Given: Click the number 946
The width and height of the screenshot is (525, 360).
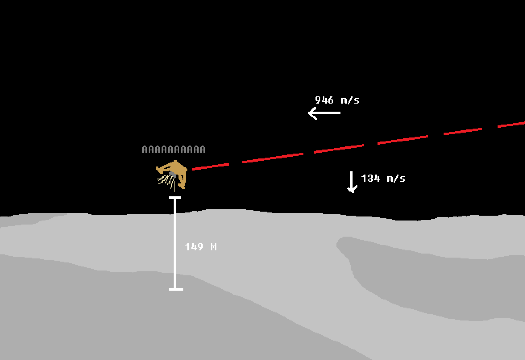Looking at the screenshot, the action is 324,100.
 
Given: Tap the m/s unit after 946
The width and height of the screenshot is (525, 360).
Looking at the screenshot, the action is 350,100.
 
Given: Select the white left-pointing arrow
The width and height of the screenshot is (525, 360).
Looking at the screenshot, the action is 324,113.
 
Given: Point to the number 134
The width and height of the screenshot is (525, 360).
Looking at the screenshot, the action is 370,178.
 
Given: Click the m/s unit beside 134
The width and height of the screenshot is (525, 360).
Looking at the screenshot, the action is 396,178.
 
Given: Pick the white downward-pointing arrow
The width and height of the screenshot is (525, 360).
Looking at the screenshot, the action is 352,182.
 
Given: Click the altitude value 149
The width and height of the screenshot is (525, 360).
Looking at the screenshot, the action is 194,247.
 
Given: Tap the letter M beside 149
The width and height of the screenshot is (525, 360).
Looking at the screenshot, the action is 214,247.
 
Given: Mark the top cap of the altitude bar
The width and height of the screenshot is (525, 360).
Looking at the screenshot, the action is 175,198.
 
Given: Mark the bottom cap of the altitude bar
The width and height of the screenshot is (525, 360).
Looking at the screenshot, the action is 176,289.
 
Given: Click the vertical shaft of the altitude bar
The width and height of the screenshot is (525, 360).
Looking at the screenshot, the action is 175,242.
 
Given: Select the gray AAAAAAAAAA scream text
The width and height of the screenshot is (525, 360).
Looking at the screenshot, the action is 174,150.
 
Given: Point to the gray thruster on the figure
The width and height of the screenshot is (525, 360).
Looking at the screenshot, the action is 173,174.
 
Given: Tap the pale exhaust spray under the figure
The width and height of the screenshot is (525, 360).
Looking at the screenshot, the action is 166,180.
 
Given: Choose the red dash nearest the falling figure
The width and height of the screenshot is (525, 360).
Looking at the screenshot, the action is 211,166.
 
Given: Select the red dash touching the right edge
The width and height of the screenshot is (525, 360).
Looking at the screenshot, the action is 511,124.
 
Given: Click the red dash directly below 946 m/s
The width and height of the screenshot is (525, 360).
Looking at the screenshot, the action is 338,148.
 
